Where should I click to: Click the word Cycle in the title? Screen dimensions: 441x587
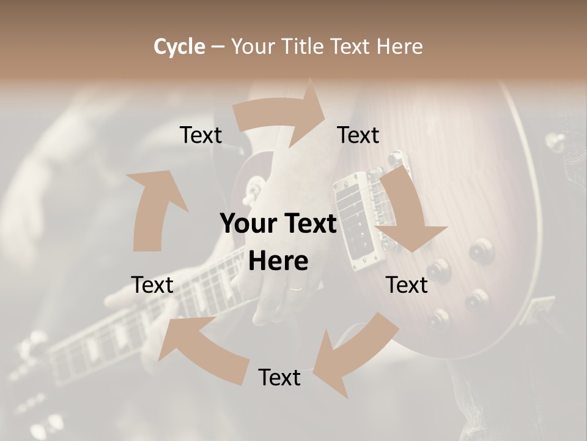pyautogui.click(x=179, y=47)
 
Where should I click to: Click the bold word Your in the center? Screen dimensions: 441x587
pyautogui.click(x=249, y=224)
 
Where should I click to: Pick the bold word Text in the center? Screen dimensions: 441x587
pyautogui.click(x=309, y=224)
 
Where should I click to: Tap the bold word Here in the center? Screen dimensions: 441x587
pyautogui.click(x=278, y=261)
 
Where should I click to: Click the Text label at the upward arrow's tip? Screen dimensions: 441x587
pyautogui.click(x=201, y=135)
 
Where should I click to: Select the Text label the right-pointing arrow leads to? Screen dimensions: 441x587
pyautogui.click(x=358, y=135)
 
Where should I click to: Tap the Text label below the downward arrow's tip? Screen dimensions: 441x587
pyautogui.click(x=407, y=285)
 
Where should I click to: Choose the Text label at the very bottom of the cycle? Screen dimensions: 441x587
pyautogui.click(x=279, y=377)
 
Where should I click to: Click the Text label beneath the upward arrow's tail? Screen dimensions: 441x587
pyautogui.click(x=153, y=285)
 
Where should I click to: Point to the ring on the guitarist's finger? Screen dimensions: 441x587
pyautogui.click(x=295, y=288)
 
